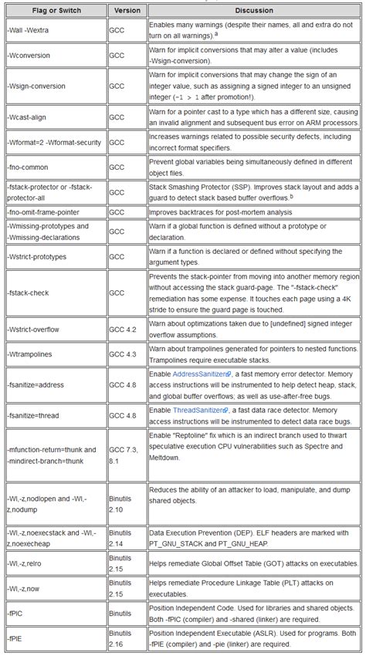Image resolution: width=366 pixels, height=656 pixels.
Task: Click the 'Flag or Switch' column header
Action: tap(54, 11)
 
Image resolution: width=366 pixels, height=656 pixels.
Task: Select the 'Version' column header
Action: tap(127, 11)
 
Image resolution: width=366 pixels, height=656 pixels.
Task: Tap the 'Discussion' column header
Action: tap(253, 11)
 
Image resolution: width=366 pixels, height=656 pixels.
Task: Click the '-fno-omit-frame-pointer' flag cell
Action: tap(44, 211)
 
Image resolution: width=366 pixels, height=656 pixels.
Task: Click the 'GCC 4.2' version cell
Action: tap(124, 330)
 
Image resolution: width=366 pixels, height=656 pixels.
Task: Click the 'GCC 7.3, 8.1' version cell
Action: tap(125, 455)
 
